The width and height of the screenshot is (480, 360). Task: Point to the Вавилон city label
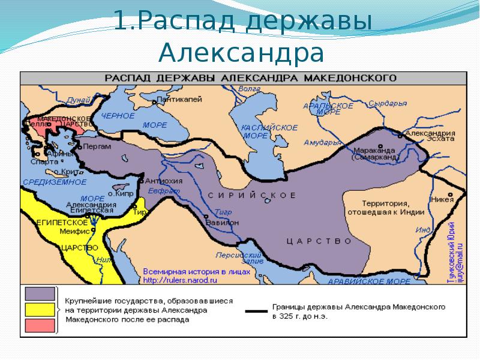pos(222,222)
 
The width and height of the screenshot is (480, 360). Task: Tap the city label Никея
pos(441,200)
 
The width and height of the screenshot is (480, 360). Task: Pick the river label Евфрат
pos(167,191)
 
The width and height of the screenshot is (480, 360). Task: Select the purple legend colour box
pos(40,293)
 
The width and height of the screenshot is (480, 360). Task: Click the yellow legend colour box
pos(40,310)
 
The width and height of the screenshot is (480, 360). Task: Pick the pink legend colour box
pos(40,326)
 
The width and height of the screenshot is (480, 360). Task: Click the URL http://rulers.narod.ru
pos(179,280)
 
